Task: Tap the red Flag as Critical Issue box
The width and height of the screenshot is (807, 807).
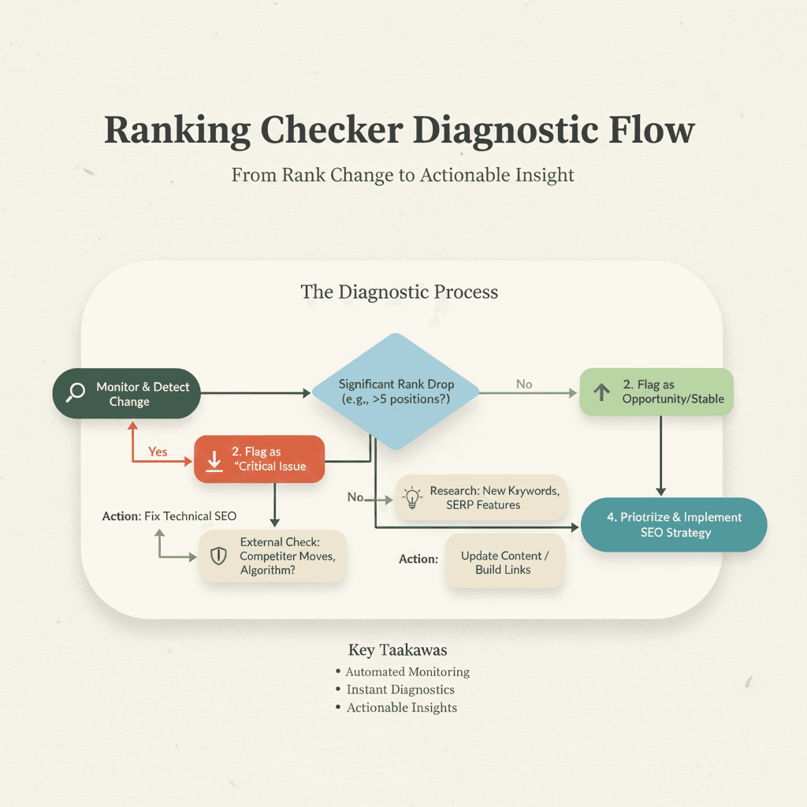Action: tap(259, 459)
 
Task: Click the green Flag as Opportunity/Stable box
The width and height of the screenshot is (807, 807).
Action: tap(656, 392)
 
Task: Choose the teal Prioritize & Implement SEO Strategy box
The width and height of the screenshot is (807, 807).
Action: tap(674, 525)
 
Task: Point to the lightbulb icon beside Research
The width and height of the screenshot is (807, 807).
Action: tap(412, 498)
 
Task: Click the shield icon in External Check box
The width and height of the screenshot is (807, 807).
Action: tap(218, 556)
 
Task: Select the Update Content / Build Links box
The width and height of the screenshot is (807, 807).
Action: tap(504, 562)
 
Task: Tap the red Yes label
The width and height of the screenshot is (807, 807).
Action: tap(158, 452)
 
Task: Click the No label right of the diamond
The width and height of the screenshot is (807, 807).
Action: tap(524, 384)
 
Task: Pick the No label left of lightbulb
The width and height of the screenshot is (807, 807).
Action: tap(355, 497)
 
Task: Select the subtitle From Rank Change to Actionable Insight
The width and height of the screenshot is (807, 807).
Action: tap(403, 174)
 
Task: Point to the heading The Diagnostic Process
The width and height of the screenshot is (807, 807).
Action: tap(400, 292)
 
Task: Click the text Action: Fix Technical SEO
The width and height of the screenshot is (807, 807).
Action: tap(169, 516)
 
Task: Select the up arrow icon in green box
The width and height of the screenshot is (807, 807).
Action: tap(602, 392)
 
